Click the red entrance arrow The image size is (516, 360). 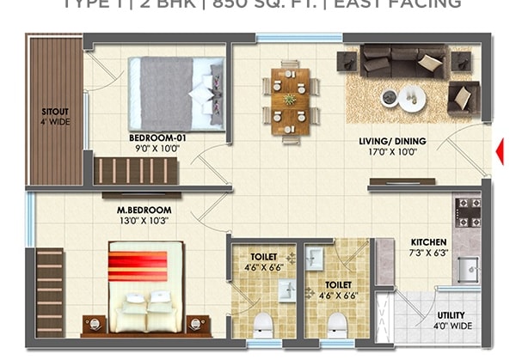coord(500,153)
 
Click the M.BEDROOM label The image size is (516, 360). coord(144,210)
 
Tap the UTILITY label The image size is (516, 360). coord(451,315)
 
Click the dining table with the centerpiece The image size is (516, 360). coord(291,100)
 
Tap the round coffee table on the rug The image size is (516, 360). coord(405,98)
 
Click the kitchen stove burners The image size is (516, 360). coord(468,211)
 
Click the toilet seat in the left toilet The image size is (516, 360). coord(263,325)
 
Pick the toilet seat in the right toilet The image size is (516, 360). coord(337,325)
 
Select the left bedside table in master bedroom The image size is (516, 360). coord(94,325)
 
